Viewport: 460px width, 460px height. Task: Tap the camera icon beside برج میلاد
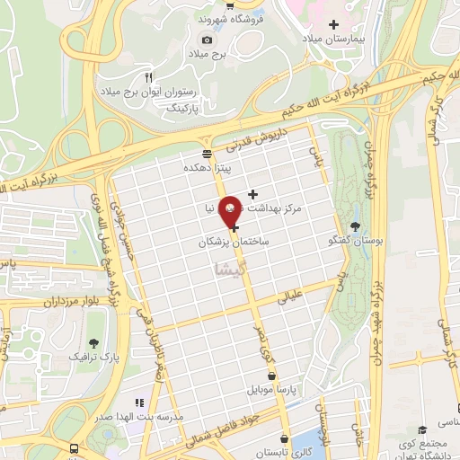point(208,40)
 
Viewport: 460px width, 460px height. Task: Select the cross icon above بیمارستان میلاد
point(334,24)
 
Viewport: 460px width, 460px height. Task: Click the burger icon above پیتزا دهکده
point(208,154)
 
